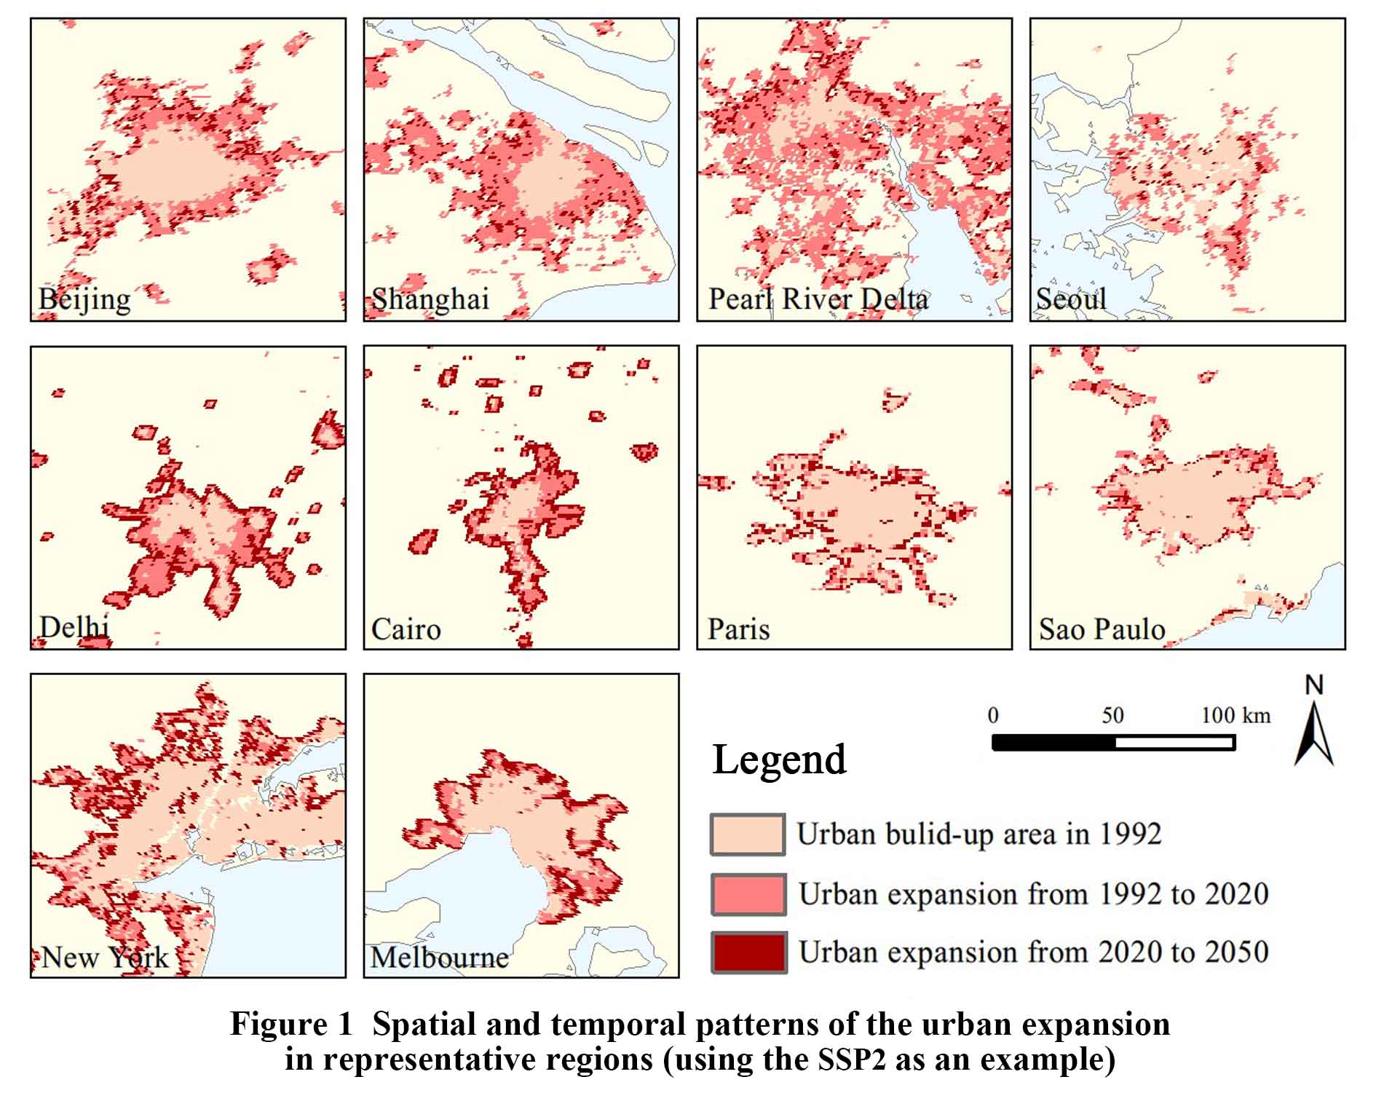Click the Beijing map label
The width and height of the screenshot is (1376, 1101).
click(84, 299)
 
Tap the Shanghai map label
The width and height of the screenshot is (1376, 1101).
click(430, 299)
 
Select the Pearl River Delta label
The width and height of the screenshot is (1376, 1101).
click(818, 299)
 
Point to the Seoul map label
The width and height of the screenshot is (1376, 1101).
click(1071, 299)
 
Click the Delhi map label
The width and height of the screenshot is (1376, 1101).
click(74, 627)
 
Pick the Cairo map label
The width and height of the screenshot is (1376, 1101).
click(406, 629)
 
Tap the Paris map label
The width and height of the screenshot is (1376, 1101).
click(738, 629)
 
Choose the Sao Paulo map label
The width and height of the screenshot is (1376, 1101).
click(1102, 629)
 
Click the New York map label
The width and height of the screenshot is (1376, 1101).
click(105, 957)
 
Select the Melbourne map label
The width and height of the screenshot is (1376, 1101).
click(439, 957)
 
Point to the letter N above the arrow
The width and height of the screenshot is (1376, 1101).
click(1314, 685)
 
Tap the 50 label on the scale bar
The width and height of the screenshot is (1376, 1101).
click(1112, 715)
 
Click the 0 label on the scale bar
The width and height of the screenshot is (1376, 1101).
click(993, 715)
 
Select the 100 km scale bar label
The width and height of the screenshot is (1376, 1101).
click(1235, 715)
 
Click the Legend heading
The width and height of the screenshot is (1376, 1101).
click(779, 759)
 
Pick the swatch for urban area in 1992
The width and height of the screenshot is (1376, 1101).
click(748, 834)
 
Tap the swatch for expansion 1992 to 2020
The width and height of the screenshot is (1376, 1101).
click(748, 894)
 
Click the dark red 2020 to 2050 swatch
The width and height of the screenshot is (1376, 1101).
click(749, 952)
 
